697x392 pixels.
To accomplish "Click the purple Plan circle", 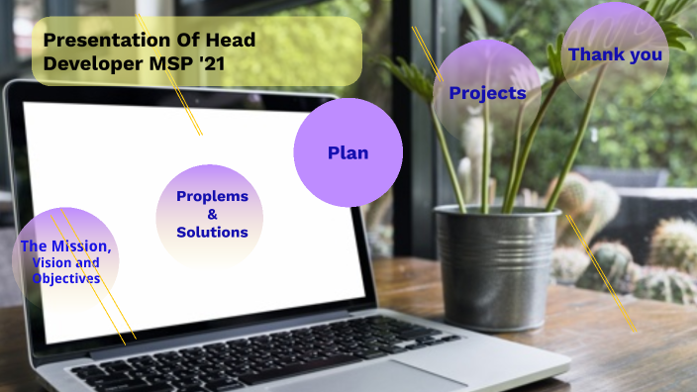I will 348,152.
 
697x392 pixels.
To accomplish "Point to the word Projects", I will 487,93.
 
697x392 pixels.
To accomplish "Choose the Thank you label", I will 615,54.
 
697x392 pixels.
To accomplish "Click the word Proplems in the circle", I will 212,196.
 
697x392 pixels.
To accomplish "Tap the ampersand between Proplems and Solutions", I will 212,214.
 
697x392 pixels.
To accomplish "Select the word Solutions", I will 212,233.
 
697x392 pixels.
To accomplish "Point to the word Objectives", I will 65,279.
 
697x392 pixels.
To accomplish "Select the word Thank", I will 593,54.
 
